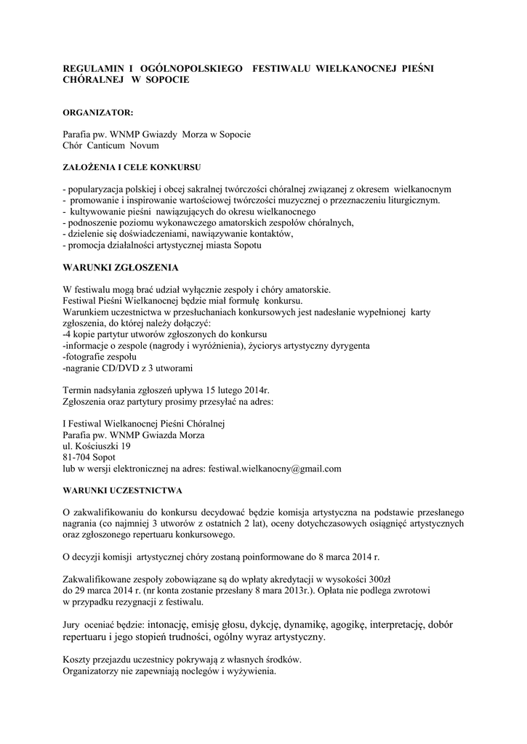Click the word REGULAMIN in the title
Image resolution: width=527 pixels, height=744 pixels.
click(x=92, y=68)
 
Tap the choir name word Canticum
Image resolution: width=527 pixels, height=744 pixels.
click(x=105, y=145)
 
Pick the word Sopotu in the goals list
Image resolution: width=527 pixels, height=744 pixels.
click(x=246, y=246)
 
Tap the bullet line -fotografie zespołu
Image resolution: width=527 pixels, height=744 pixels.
click(x=100, y=357)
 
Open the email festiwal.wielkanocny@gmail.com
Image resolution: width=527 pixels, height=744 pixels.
click(x=275, y=469)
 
